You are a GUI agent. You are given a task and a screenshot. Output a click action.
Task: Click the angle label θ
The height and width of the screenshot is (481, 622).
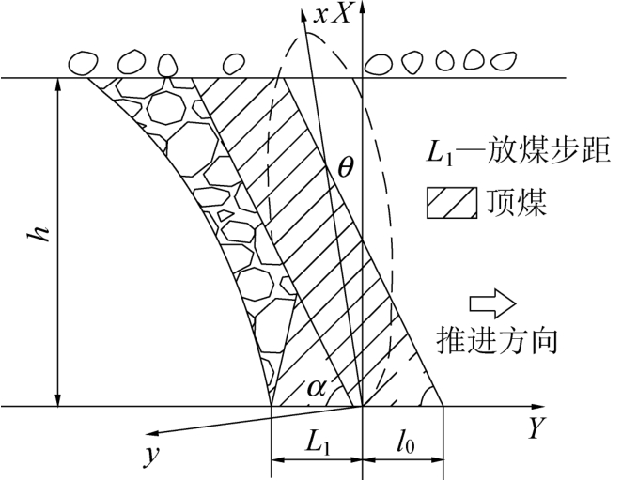[346, 169]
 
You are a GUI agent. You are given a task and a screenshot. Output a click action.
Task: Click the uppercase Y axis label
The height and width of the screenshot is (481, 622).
[536, 430]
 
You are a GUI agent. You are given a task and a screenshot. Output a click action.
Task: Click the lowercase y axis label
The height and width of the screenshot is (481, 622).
[148, 456]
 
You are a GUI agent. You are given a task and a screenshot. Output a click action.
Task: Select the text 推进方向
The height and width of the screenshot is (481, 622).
[498, 340]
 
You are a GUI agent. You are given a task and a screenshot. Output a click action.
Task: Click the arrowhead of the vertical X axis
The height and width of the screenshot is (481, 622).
[362, 8]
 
